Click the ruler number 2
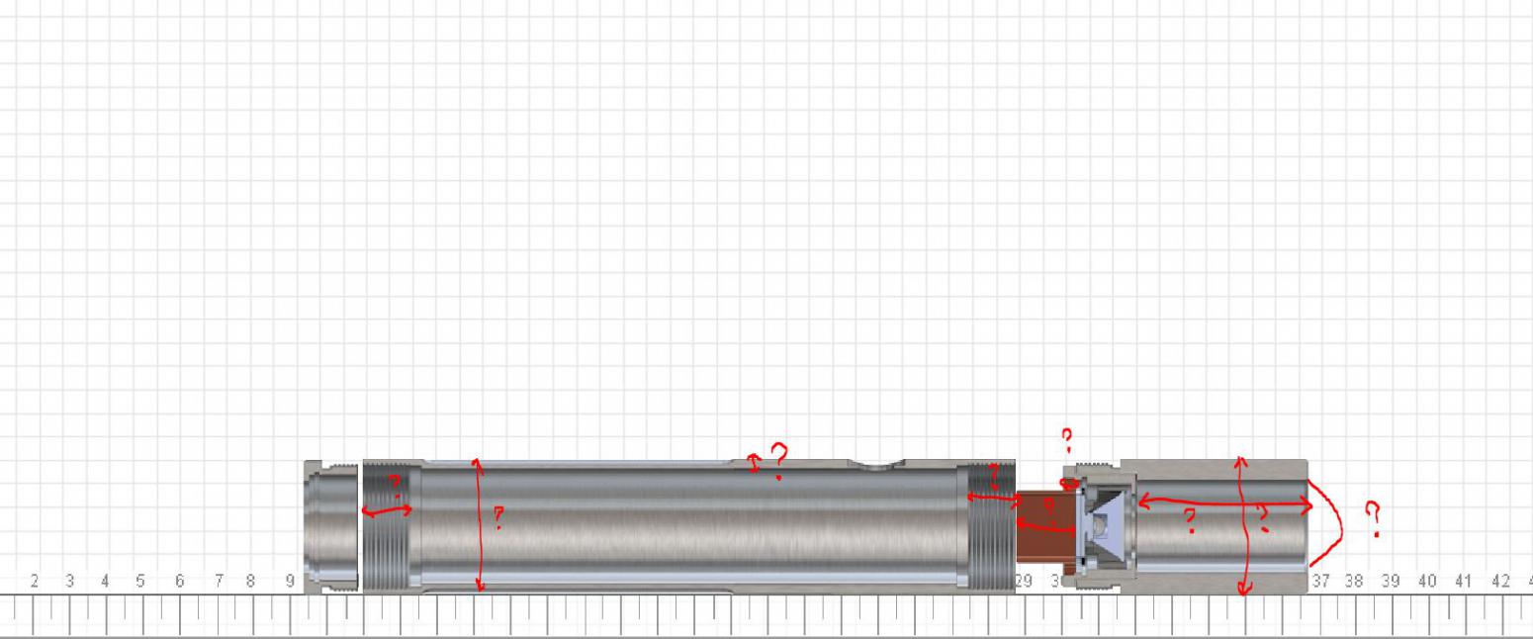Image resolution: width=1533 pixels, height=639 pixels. pos(35,582)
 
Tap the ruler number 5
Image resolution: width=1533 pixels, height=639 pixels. pos(140,582)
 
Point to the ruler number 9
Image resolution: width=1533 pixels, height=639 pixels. pos(291,582)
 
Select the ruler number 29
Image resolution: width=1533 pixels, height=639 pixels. pos(1025,582)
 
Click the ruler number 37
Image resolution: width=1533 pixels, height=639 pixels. pos(1320,582)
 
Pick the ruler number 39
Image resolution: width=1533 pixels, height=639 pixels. pos(1391,582)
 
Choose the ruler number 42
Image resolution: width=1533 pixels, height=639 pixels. pos(1500,582)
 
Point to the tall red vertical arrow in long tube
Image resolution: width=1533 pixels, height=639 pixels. pos(480,524)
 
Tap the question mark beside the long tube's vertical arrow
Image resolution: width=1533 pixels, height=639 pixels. pos(498,517)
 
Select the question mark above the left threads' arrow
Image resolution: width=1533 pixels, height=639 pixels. pos(393,485)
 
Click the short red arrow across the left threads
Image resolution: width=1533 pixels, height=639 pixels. pos(387,510)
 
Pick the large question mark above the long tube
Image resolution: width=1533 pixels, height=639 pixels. pos(779,459)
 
